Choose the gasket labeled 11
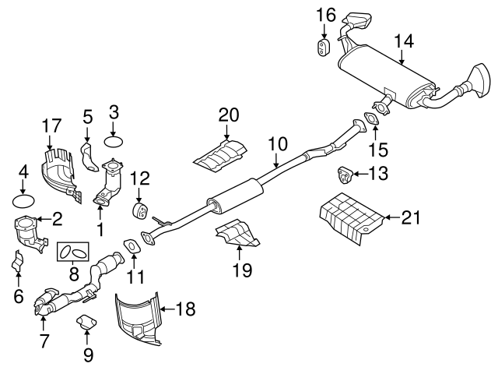coord(133,247)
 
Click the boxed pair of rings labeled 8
coord(73,252)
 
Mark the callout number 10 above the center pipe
coord(278,144)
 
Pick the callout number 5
coord(88,117)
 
